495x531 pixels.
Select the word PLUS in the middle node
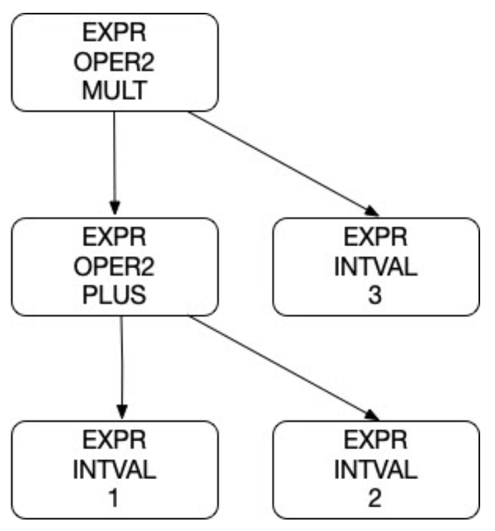click(x=114, y=296)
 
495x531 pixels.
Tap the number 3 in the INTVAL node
click(x=375, y=296)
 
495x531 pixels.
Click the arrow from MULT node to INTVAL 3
click(x=277, y=161)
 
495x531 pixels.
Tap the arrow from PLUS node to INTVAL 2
click(x=281, y=365)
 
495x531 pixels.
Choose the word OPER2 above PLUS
click(x=114, y=267)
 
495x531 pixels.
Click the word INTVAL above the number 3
click(x=375, y=267)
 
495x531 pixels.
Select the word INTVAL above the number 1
click(x=114, y=470)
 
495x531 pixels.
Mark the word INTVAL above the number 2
click(x=375, y=470)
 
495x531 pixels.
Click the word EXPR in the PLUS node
click(x=114, y=238)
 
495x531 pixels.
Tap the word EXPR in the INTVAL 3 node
click(x=375, y=238)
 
